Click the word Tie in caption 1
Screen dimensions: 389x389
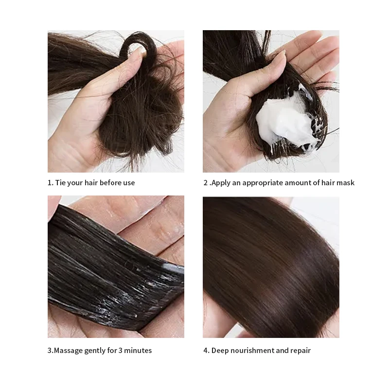[61, 183]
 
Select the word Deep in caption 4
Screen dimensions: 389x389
[220, 351]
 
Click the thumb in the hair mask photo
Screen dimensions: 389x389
[272, 66]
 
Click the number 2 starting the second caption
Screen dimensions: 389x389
[205, 183]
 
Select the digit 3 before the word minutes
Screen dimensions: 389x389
[121, 351]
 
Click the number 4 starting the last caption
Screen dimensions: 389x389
[205, 351]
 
